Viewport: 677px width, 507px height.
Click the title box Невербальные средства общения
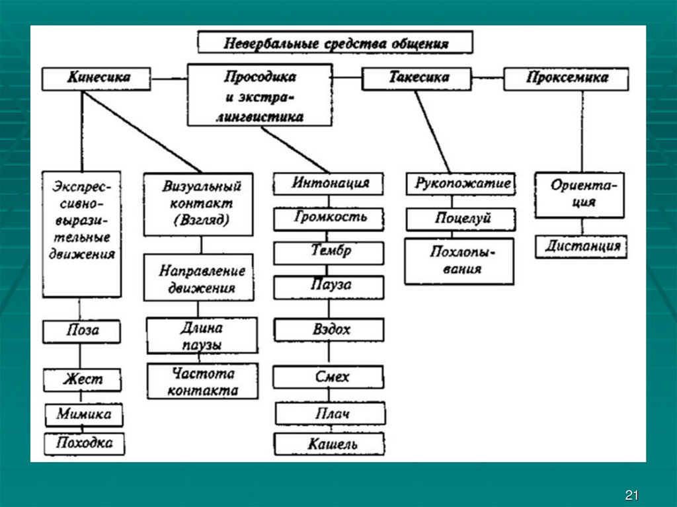(x=335, y=43)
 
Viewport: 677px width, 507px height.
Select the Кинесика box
(x=99, y=78)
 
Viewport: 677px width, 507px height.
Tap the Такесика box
(x=417, y=78)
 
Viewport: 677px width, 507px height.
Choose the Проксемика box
(x=567, y=79)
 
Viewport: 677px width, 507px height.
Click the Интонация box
(x=329, y=183)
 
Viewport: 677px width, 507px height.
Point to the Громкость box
(x=329, y=217)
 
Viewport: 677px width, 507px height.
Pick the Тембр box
(x=329, y=252)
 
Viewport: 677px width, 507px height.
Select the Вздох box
(x=329, y=329)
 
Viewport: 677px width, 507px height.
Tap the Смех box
(x=329, y=377)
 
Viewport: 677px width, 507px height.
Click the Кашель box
(x=329, y=444)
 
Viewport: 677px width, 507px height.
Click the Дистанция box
(x=582, y=247)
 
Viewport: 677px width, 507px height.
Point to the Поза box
(x=82, y=331)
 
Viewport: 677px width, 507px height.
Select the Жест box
(x=82, y=380)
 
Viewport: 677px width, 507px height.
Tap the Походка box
(x=85, y=443)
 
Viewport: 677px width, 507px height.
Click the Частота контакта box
(x=202, y=381)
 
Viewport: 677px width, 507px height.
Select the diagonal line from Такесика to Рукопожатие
(x=432, y=132)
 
